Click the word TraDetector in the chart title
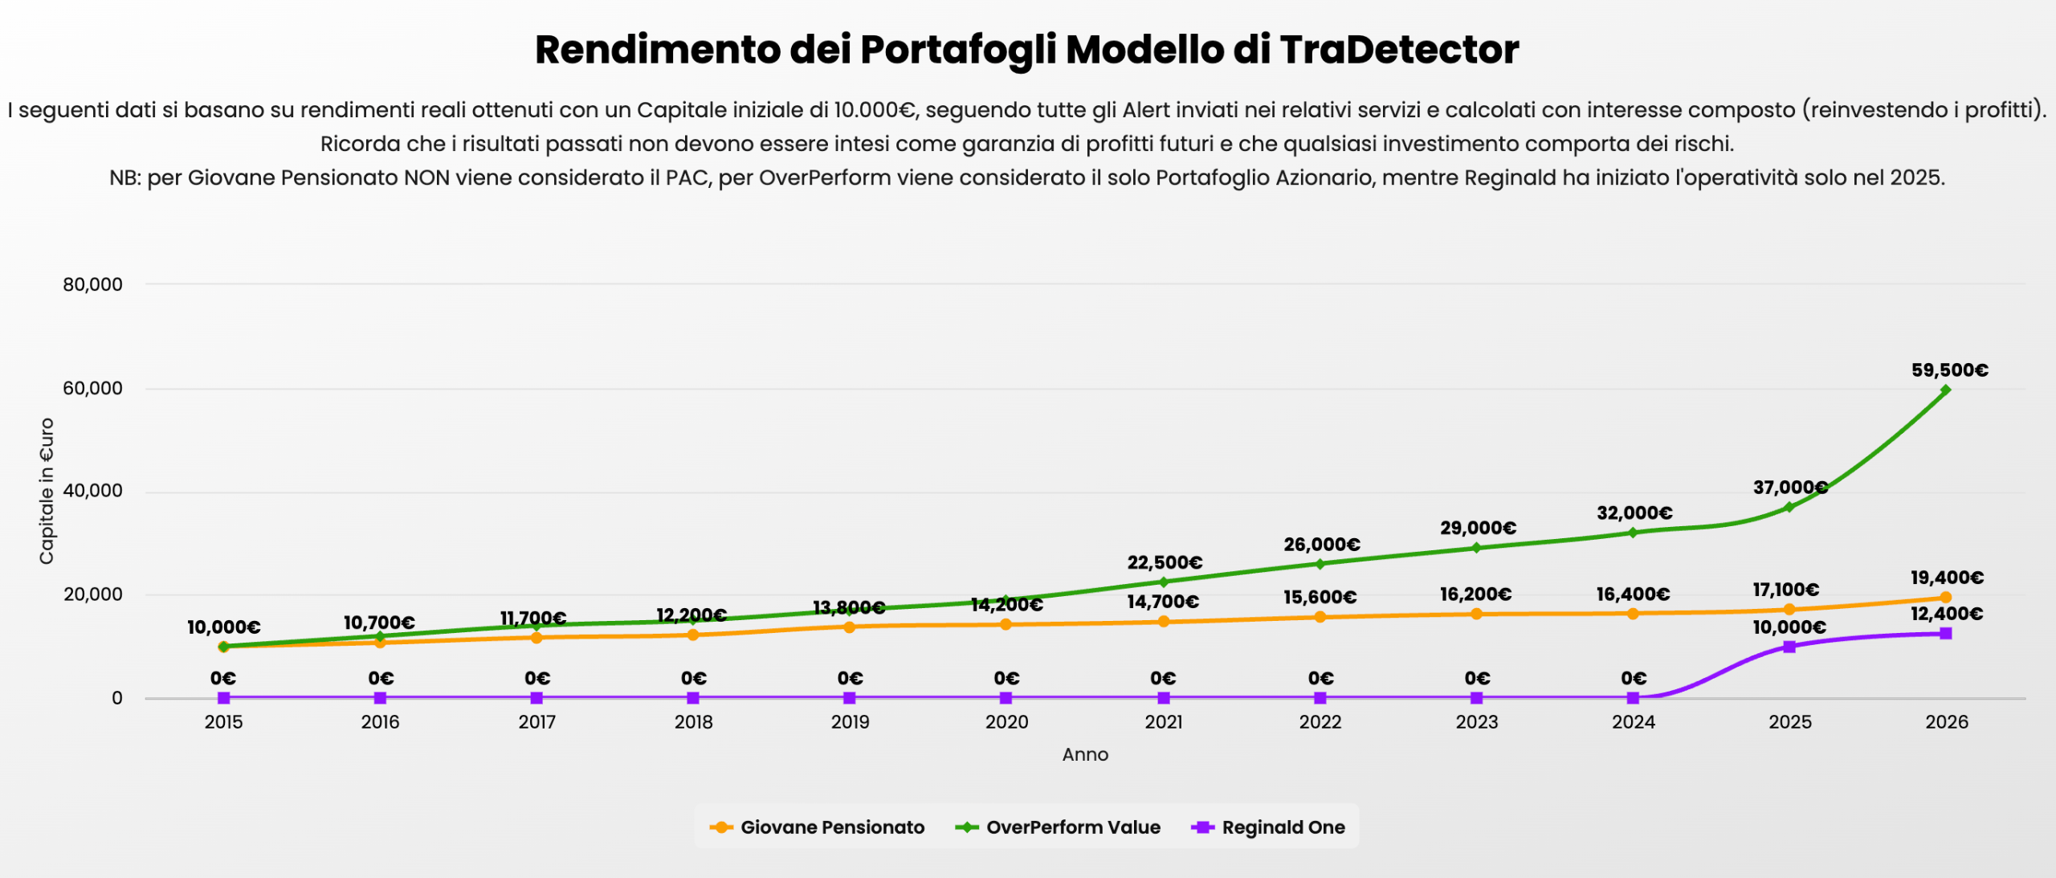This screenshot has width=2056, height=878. [x=1399, y=50]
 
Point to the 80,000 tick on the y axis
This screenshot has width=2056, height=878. [x=93, y=284]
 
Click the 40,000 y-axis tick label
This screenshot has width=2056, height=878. [x=93, y=491]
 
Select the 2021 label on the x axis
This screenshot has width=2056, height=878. [x=1163, y=722]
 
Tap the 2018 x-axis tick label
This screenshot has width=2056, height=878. [x=693, y=722]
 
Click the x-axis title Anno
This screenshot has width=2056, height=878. [x=1085, y=754]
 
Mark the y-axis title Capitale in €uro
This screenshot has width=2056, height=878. [x=47, y=491]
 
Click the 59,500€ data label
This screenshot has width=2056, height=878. [x=1949, y=370]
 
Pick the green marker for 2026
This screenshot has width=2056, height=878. [x=1945, y=390]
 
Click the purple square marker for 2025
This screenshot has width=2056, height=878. [x=1789, y=647]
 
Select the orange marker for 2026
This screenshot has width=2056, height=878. [x=1945, y=598]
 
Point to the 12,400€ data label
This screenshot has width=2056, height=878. [x=1946, y=615]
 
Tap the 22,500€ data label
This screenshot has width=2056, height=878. [x=1165, y=562]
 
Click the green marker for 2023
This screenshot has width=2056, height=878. [x=1476, y=548]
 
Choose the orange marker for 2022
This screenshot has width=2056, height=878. [x=1320, y=617]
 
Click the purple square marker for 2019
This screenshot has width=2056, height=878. [x=850, y=698]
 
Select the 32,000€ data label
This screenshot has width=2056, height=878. [x=1634, y=513]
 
